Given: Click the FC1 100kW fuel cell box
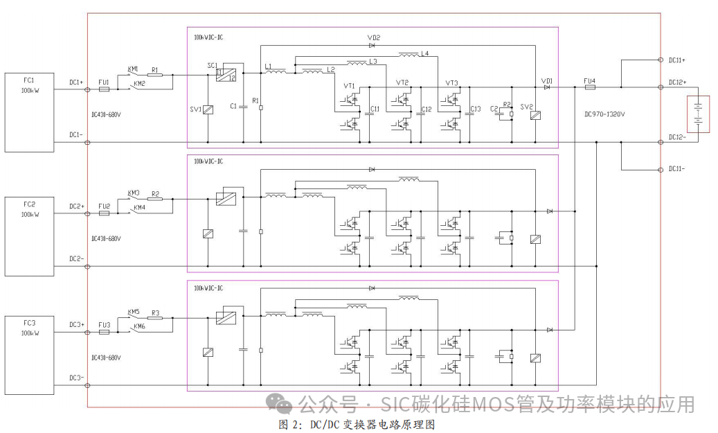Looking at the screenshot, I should [x=29, y=112].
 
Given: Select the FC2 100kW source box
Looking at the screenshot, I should [x=29, y=236].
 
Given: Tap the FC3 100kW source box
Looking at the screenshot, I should [x=29, y=355].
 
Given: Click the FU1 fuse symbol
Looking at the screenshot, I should [x=104, y=89].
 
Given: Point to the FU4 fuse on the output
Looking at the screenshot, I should [x=589, y=88].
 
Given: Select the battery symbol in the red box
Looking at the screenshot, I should [x=699, y=118].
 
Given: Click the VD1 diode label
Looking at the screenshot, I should [x=547, y=80].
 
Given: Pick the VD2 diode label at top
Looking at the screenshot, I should [x=374, y=37].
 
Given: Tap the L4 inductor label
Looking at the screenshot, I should [x=424, y=53].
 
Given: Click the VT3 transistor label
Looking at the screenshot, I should [x=452, y=83].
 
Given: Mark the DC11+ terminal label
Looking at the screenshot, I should [x=676, y=60].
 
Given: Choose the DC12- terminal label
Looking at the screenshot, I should [x=676, y=136].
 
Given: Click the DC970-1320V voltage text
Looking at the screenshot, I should [x=604, y=114].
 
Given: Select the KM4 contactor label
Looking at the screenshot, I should [x=139, y=208].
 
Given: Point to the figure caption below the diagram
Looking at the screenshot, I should [x=357, y=424].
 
